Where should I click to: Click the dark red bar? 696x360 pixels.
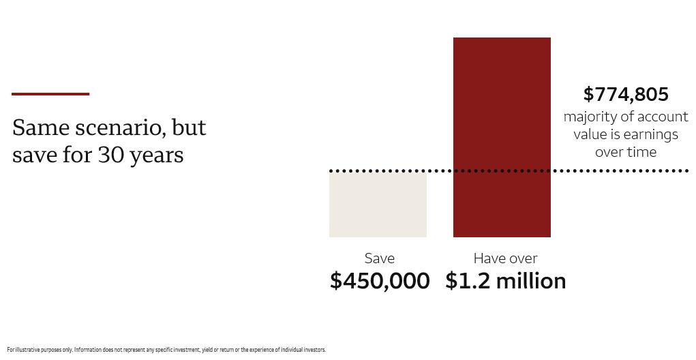[x=502, y=137]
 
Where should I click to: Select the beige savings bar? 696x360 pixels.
[x=378, y=205]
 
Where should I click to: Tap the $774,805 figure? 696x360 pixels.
[x=625, y=95]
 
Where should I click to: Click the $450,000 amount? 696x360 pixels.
[x=380, y=281]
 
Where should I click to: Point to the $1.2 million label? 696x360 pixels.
[x=506, y=281]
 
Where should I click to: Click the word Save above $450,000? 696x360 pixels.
[x=380, y=258]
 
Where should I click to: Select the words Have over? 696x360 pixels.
[x=506, y=258]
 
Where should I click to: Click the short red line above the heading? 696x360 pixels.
[x=50, y=93]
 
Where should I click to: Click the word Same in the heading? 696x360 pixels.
[x=41, y=127]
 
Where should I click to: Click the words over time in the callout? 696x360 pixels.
[x=626, y=152]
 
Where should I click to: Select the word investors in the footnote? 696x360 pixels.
[x=314, y=350]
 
